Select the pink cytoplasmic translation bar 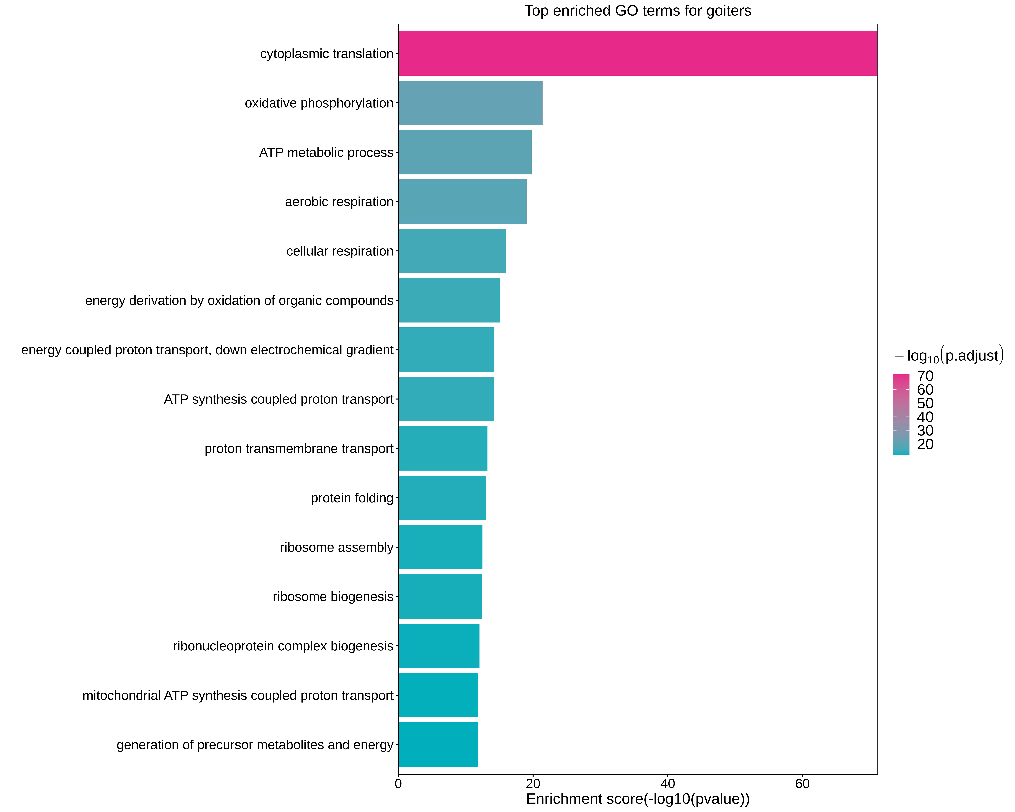pyautogui.click(x=637, y=54)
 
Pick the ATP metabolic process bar pyautogui.click(x=465, y=153)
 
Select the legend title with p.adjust pyautogui.click(x=949, y=355)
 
